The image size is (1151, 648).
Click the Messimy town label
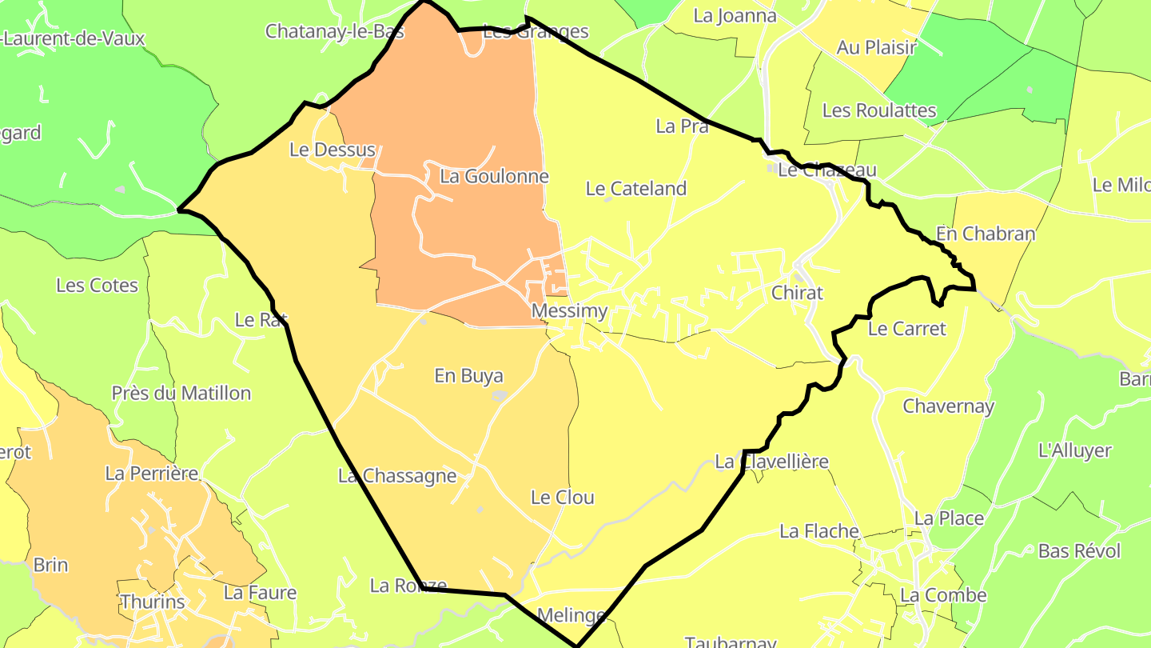click(x=569, y=310)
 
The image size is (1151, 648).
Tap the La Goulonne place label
click(x=494, y=176)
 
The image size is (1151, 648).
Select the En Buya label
click(x=468, y=375)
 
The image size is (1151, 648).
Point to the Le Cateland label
click(x=635, y=189)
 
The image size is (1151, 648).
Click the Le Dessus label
click(x=332, y=150)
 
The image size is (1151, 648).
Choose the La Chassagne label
click(x=396, y=476)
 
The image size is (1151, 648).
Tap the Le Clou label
click(x=562, y=498)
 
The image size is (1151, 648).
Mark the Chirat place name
click(x=796, y=293)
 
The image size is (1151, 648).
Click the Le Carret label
click(x=906, y=329)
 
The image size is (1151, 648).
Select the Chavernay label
click(x=948, y=406)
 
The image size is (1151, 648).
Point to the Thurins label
click(x=152, y=602)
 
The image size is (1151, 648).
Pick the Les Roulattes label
click(x=878, y=110)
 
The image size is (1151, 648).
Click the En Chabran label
click(x=985, y=234)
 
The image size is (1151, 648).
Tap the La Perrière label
click(x=151, y=474)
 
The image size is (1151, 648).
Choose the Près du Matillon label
click(x=181, y=394)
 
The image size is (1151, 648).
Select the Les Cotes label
click(x=97, y=286)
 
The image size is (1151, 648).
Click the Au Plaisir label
click(x=876, y=48)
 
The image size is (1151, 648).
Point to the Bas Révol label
click(x=1079, y=551)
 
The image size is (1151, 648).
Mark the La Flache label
click(x=818, y=531)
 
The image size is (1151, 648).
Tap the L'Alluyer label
click(x=1074, y=450)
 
